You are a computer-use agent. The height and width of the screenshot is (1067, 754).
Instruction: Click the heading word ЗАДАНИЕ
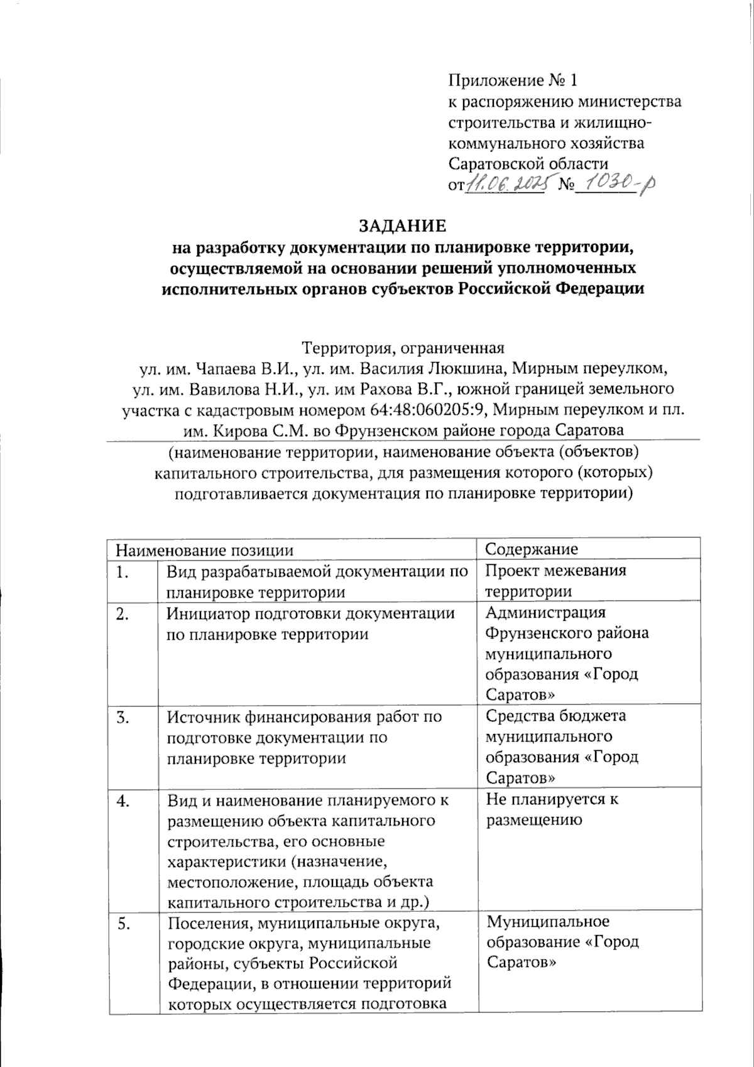tap(402, 226)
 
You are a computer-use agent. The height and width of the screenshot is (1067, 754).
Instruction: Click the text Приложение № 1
tap(511, 80)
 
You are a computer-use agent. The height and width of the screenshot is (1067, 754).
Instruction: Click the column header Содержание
tap(532, 549)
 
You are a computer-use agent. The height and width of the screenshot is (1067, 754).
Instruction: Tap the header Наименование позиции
tap(204, 550)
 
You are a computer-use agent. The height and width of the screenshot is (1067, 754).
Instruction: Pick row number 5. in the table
tap(125, 924)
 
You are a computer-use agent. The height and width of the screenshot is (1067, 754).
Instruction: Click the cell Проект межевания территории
tap(555, 581)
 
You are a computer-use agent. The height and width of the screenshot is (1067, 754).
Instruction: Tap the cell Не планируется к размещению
tap(552, 809)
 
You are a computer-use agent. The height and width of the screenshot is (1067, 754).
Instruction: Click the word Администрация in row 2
tap(546, 612)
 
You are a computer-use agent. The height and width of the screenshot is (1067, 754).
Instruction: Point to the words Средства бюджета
tap(556, 716)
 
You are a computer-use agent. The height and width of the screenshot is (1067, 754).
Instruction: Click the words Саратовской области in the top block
tap(528, 164)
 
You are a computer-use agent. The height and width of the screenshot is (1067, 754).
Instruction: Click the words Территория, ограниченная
tap(403, 347)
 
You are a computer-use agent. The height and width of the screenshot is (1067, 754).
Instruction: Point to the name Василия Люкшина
tap(434, 368)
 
